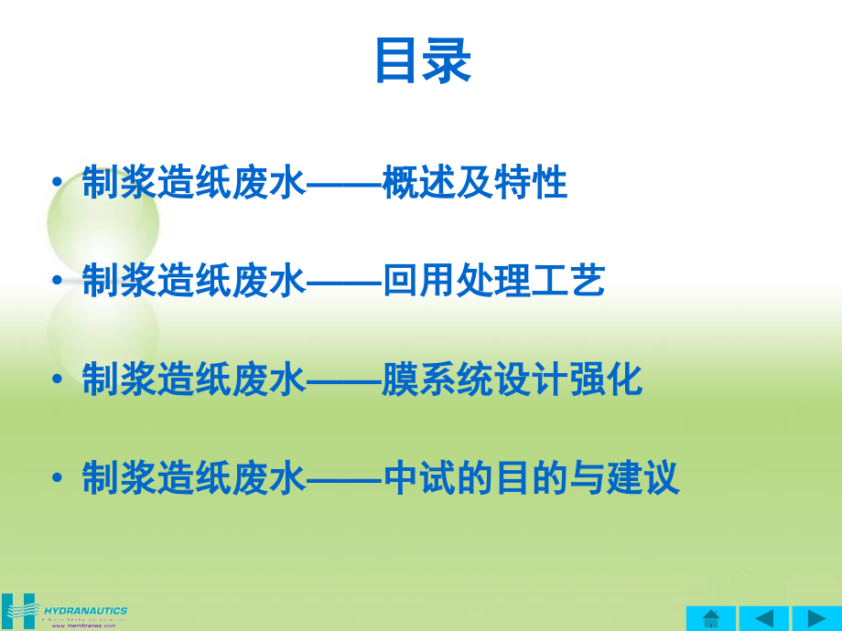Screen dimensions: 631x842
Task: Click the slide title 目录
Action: coord(422,62)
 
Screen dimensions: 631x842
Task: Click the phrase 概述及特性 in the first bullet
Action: coord(475,184)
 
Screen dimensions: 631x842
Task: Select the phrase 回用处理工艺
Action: coord(493,282)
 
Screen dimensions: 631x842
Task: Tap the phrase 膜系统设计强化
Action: coord(513,380)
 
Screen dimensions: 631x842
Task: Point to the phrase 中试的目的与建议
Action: coord(531,477)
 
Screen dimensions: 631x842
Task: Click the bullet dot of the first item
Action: coord(59,184)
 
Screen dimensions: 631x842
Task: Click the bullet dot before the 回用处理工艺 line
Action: coord(59,282)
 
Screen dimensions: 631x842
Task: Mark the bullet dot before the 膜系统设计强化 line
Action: coord(59,380)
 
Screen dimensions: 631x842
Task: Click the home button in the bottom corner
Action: coord(710,618)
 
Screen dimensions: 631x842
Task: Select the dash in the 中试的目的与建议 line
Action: coord(342,479)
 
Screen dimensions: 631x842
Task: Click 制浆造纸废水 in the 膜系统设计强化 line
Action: coord(192,380)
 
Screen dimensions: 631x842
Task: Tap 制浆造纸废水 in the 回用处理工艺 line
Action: coord(192,282)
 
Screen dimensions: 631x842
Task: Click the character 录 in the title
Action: coord(448,62)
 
